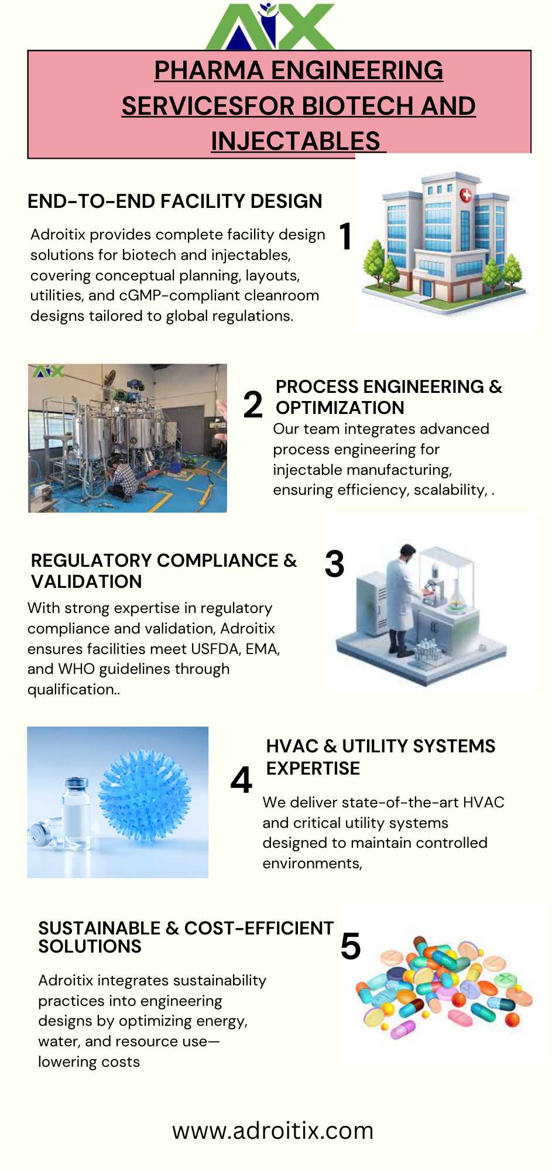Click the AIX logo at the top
(x=270, y=26)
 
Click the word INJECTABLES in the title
(x=296, y=141)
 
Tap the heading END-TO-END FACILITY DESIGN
(x=175, y=201)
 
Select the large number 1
(x=345, y=236)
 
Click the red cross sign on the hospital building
(x=466, y=195)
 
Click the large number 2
(x=253, y=405)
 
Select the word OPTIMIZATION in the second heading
(x=340, y=408)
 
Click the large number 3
(x=334, y=564)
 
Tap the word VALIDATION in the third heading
(x=87, y=581)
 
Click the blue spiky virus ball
(x=145, y=796)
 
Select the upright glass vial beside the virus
(x=76, y=814)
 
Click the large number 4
(x=241, y=780)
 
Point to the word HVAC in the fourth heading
(x=292, y=746)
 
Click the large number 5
(x=351, y=947)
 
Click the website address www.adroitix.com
(x=273, y=1131)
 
